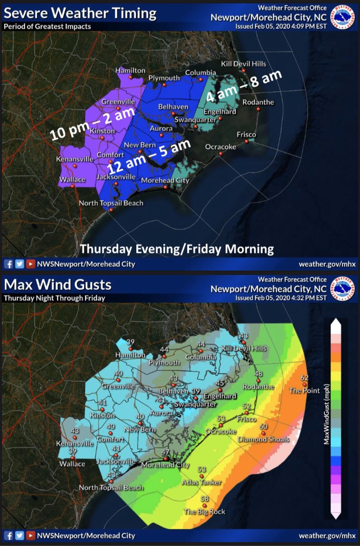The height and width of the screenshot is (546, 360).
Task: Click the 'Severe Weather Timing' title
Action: click(x=80, y=13)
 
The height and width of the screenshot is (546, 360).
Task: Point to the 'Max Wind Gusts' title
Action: click(x=58, y=285)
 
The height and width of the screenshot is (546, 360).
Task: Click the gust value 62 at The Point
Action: click(x=304, y=378)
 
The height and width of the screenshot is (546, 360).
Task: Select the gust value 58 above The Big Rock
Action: click(x=204, y=499)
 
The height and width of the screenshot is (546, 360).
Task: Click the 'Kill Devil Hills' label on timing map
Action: click(x=243, y=64)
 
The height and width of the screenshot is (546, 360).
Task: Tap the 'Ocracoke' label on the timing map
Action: click(x=221, y=147)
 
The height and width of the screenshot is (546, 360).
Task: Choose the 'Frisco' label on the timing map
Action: click(x=246, y=135)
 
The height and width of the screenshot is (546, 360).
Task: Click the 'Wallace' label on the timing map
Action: click(x=72, y=179)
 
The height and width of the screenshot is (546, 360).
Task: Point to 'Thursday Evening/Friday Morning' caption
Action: click(x=177, y=249)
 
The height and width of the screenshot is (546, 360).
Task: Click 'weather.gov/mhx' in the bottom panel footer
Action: click(x=326, y=535)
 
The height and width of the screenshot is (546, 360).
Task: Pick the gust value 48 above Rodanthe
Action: click(x=258, y=374)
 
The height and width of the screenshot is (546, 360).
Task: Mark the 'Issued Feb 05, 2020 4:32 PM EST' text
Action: click(x=281, y=298)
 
